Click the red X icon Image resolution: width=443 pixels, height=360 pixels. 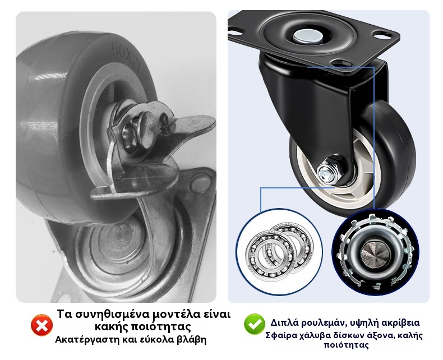tap(41, 325)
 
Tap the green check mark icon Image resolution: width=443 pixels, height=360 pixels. tap(254, 324)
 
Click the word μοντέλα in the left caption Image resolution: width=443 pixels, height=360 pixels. tap(173, 314)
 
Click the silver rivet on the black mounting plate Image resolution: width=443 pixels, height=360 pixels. tap(308, 36)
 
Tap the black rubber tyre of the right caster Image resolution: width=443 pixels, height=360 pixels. tap(394, 158)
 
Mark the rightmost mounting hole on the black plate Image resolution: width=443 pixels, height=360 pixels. tap(383, 35)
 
